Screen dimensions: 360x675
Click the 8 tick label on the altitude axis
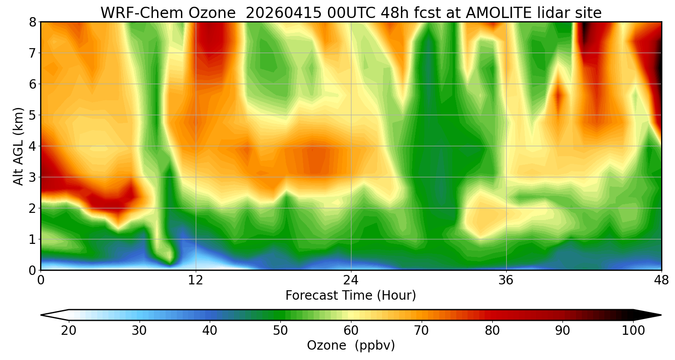(33, 22)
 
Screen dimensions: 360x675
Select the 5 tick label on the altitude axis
(33, 115)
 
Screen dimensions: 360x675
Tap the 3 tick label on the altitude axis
(33, 177)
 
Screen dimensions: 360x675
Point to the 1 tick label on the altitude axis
(33, 239)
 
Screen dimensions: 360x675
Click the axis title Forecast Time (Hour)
(351, 296)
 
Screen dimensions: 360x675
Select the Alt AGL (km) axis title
(18, 146)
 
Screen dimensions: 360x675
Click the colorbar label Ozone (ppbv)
(351, 346)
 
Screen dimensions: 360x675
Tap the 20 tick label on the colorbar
(69, 331)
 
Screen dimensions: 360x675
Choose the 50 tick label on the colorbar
(280, 331)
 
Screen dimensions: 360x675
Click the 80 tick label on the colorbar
(492, 331)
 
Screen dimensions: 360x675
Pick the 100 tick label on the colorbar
(633, 331)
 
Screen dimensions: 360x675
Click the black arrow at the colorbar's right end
(648, 315)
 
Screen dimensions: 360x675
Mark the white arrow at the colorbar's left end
(54, 315)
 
